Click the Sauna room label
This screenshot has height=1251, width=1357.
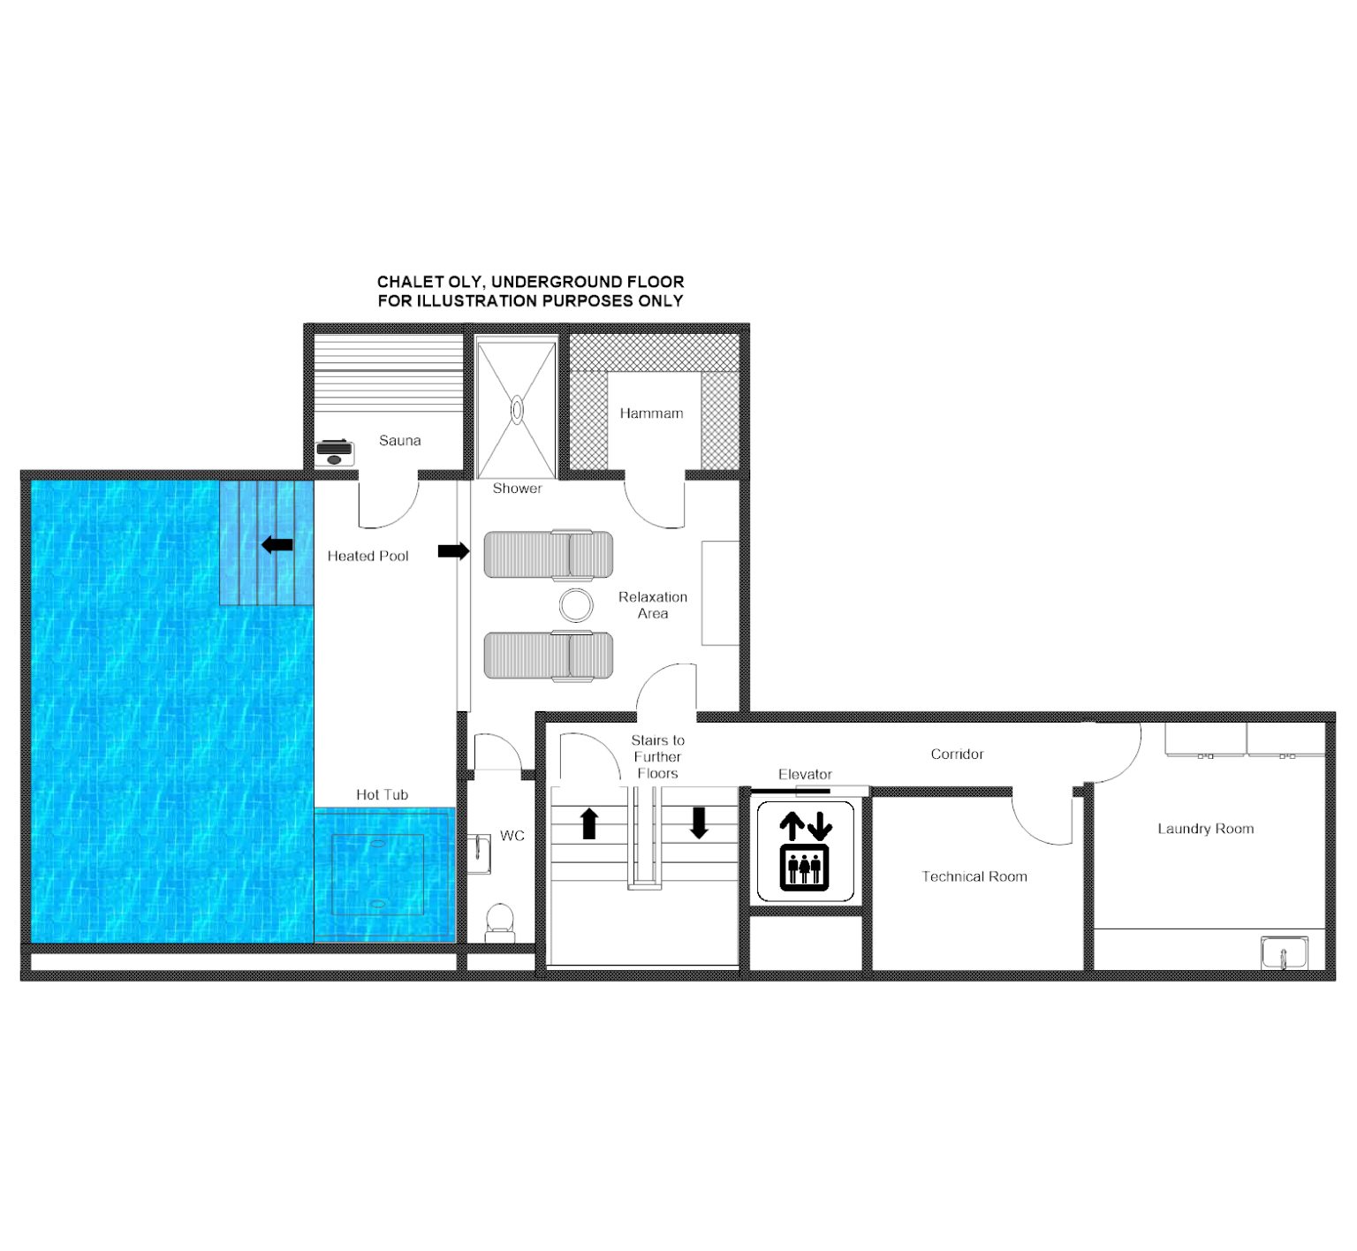pyautogui.click(x=399, y=440)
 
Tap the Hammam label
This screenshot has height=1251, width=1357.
pyautogui.click(x=651, y=413)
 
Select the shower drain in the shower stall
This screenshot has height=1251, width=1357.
pyautogui.click(x=517, y=410)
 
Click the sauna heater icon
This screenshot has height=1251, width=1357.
pyautogui.click(x=335, y=452)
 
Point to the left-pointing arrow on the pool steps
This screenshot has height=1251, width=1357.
pyautogui.click(x=277, y=544)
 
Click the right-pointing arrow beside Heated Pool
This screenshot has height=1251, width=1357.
pyautogui.click(x=454, y=551)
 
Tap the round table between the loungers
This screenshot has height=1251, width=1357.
pyautogui.click(x=576, y=605)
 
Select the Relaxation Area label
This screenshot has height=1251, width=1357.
pyautogui.click(x=653, y=605)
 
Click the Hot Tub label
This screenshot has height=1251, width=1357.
pyautogui.click(x=382, y=794)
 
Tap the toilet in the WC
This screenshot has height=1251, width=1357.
pyautogui.click(x=500, y=922)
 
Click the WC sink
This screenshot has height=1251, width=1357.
pyautogui.click(x=479, y=853)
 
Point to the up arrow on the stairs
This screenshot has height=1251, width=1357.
pyautogui.click(x=589, y=823)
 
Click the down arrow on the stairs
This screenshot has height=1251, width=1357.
pyautogui.click(x=699, y=823)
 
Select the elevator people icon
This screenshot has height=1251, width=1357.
pyautogui.click(x=805, y=868)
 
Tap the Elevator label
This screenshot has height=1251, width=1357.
pyautogui.click(x=805, y=774)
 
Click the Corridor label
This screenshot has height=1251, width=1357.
pyautogui.click(x=957, y=754)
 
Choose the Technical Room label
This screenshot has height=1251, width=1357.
pyautogui.click(x=974, y=876)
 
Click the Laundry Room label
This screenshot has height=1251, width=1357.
pyautogui.click(x=1206, y=829)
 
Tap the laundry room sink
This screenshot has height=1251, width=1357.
pyautogui.click(x=1285, y=953)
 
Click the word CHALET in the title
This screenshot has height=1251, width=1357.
pyautogui.click(x=410, y=282)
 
